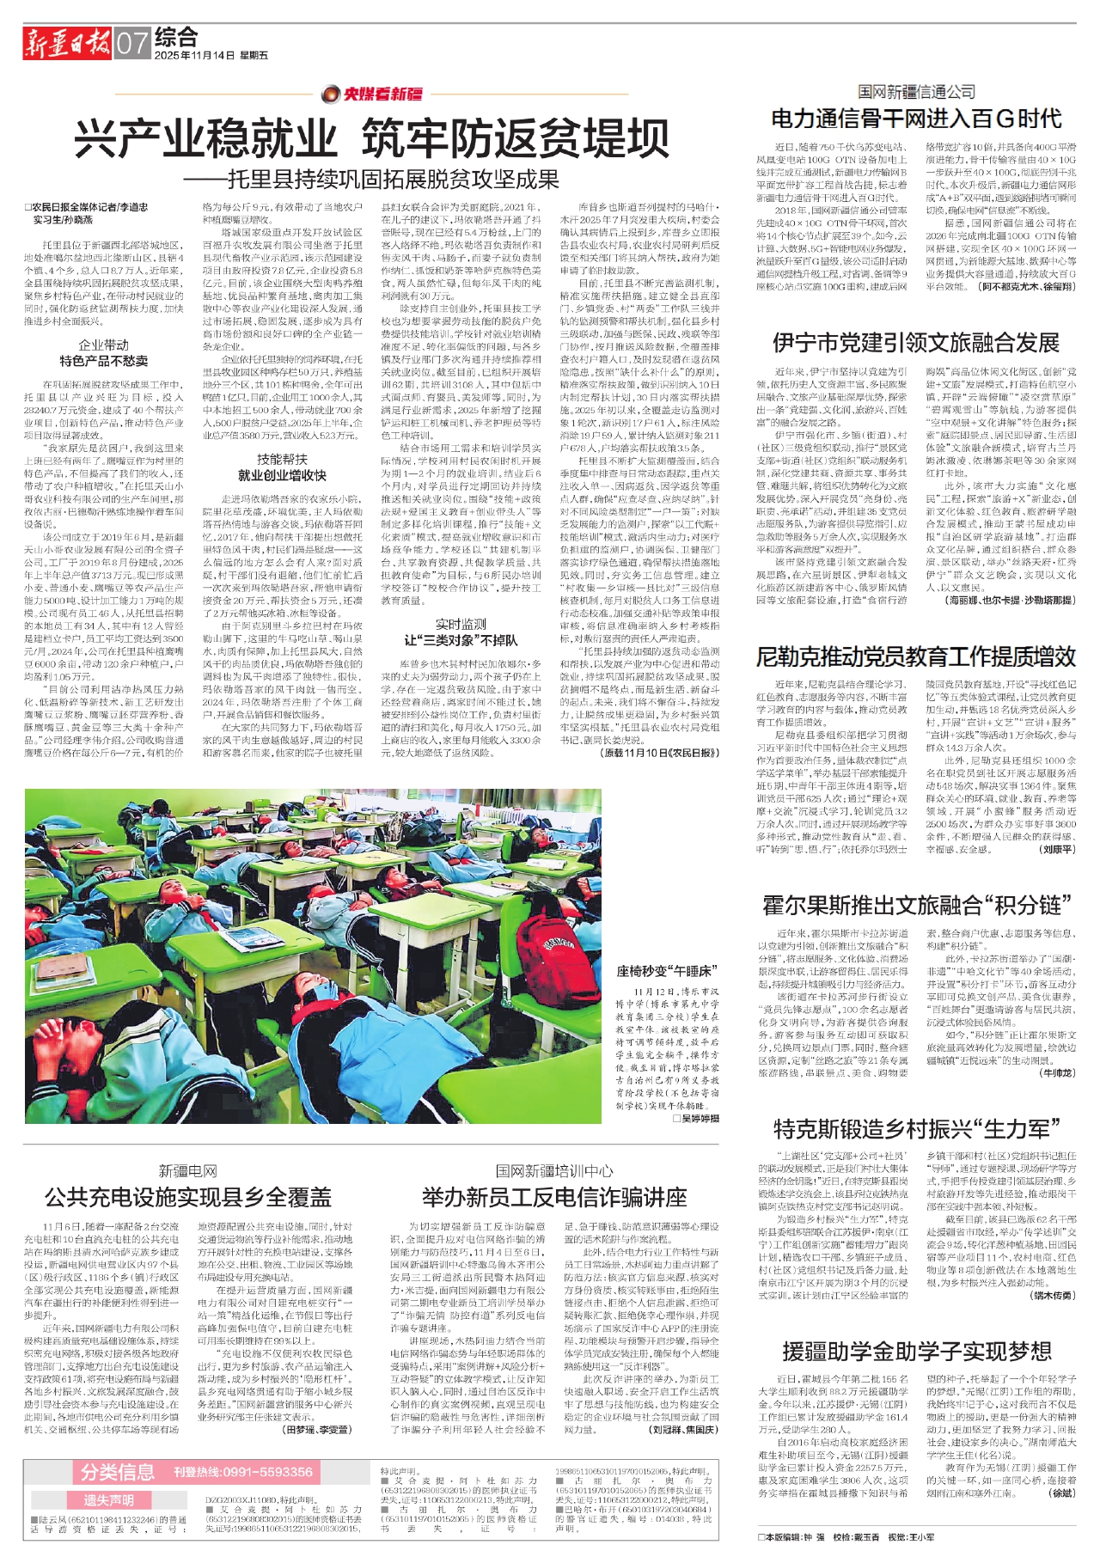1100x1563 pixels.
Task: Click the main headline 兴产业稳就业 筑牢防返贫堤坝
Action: point(371,137)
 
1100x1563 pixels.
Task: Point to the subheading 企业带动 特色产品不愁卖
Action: point(103,352)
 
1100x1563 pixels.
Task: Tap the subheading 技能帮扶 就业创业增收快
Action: point(282,467)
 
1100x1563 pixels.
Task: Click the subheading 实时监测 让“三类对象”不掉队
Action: point(461,632)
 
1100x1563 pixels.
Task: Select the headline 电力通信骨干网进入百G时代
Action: point(916,119)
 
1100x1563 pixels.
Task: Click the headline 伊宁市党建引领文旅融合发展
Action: point(916,343)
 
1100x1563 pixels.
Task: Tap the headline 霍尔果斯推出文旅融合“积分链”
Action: point(916,905)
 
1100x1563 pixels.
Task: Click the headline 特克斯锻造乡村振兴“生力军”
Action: point(916,1128)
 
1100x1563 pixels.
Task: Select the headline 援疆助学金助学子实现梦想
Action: point(916,1352)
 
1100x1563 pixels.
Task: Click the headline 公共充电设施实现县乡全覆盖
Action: point(188,1196)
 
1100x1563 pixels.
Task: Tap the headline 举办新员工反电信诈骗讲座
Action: point(554,1196)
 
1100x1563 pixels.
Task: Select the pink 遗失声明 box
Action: point(108,1500)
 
